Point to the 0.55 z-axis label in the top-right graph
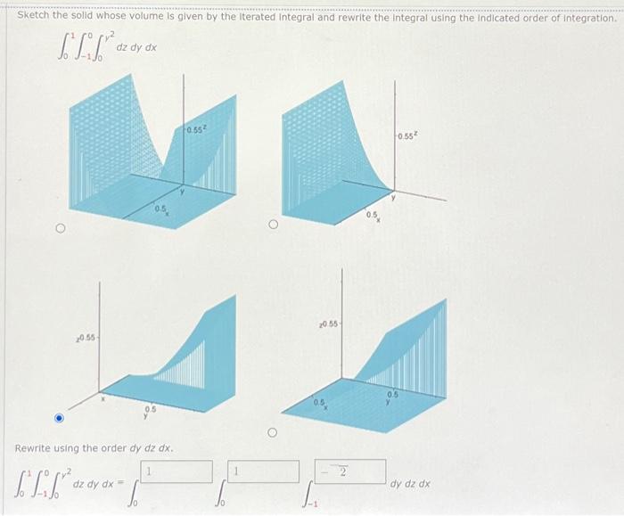(410, 137)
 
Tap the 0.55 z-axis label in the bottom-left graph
(86, 340)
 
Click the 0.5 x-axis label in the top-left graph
(160, 209)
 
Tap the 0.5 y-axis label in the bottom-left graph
(148, 411)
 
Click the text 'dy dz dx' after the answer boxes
(410, 484)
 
